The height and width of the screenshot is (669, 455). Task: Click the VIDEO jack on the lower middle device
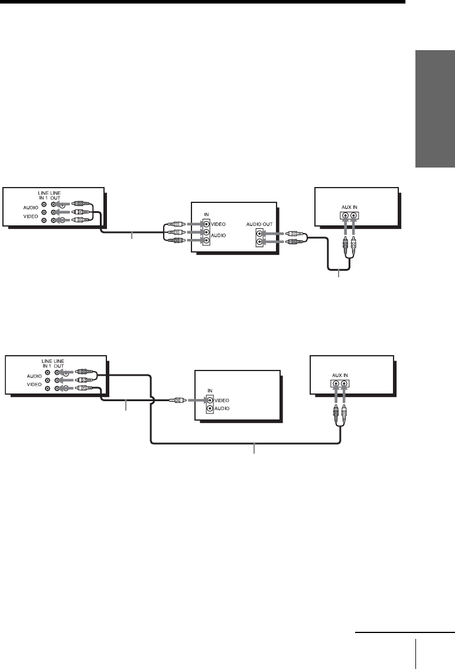click(x=209, y=400)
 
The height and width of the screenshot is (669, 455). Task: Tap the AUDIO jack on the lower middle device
click(x=209, y=408)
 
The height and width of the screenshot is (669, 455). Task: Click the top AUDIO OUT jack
click(x=259, y=233)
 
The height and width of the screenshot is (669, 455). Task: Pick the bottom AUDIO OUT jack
click(x=259, y=242)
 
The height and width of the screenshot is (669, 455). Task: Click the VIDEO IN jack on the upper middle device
click(x=206, y=224)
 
